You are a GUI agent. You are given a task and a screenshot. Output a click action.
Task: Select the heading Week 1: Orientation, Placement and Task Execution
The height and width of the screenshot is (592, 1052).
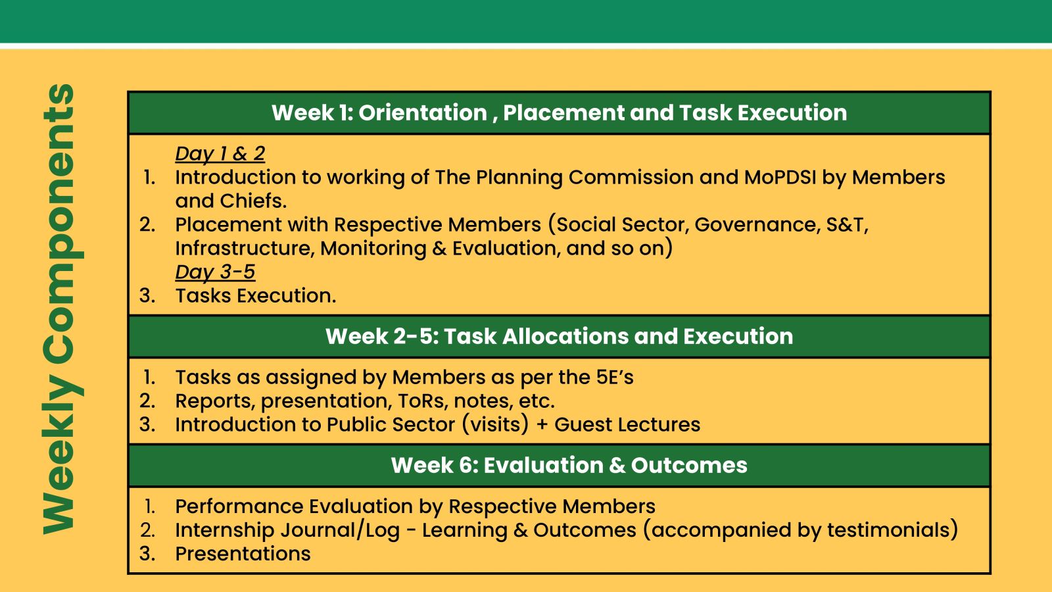(560, 112)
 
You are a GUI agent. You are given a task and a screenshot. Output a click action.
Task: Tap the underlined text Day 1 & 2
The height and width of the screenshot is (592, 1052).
(220, 154)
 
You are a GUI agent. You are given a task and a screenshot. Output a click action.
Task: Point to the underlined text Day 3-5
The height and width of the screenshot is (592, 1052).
(215, 272)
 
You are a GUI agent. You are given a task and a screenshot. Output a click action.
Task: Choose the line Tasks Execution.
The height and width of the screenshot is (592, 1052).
(256, 295)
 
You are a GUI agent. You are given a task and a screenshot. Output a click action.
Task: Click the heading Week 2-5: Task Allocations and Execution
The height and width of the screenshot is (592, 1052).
(560, 336)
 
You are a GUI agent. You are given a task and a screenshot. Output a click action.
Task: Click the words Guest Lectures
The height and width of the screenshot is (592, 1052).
(627, 424)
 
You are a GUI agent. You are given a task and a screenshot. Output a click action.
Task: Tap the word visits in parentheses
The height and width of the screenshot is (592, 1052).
(496, 424)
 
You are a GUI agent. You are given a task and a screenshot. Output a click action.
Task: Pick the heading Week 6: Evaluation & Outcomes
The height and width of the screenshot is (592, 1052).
(569, 465)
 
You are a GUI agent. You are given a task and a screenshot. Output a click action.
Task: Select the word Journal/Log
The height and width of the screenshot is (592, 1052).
(341, 530)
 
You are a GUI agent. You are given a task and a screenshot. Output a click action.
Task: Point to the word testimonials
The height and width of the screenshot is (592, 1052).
(888, 530)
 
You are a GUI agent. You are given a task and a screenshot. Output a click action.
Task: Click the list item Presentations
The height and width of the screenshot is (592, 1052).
(243, 554)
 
